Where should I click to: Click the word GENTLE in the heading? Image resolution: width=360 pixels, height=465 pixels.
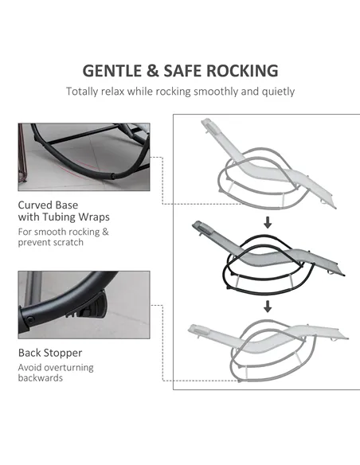(x=112, y=71)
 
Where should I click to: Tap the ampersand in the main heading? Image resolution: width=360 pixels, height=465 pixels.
(x=152, y=71)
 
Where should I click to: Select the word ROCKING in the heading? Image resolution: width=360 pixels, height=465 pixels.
(x=242, y=71)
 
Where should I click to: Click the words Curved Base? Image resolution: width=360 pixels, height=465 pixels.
(x=48, y=205)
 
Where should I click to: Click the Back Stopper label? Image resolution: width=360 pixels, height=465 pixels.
(x=50, y=353)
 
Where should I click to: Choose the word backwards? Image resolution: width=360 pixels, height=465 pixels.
(x=41, y=378)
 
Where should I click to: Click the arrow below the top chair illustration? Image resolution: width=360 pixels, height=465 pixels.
(x=268, y=222)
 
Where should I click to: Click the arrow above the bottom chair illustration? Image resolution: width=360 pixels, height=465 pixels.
(x=268, y=307)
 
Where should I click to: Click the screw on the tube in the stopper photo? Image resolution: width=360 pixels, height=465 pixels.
(x=30, y=320)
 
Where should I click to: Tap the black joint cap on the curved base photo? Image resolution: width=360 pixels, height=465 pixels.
(x=113, y=176)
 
